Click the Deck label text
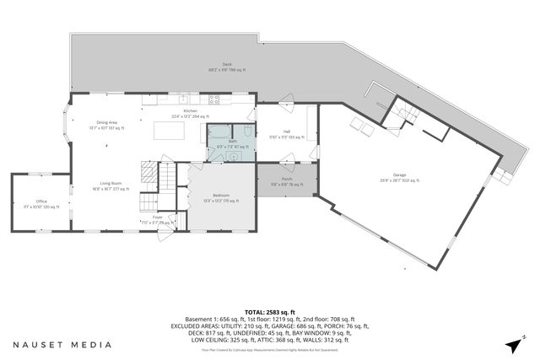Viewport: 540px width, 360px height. pos(227,64)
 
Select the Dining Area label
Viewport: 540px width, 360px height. pos(106,123)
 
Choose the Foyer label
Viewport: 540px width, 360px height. pos(157,218)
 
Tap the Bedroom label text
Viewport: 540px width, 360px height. pos(221,196)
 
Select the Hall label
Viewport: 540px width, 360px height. pos(287,132)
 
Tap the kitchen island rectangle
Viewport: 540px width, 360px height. pos(169,131)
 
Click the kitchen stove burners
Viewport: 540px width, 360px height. pos(214,99)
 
